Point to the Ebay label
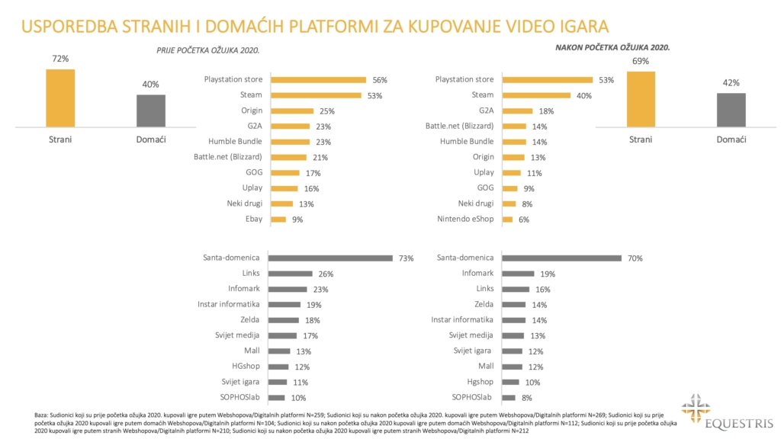(252, 219)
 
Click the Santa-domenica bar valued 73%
(332, 258)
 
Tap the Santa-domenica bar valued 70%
(561, 258)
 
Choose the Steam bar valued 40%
(536, 95)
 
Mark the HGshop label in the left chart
(246, 367)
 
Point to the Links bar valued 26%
(291, 274)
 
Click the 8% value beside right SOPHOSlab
(526, 398)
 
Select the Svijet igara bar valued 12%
(513, 351)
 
